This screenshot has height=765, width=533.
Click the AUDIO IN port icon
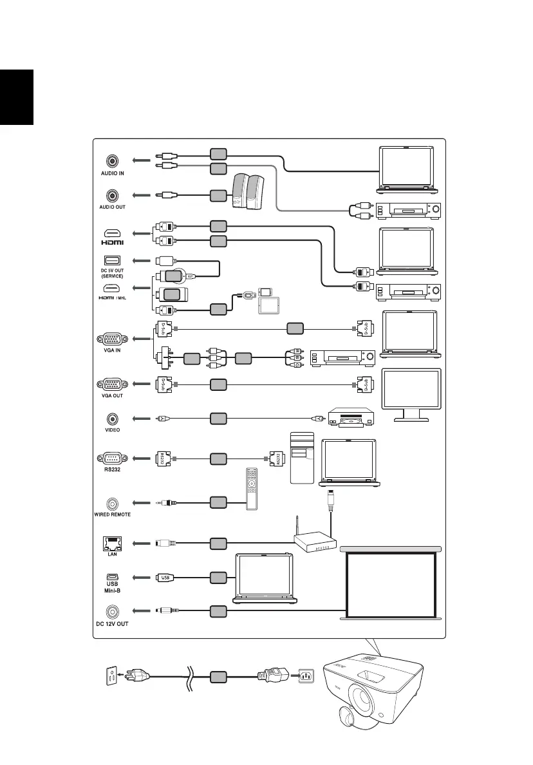113,160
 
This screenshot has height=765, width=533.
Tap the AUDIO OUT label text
113,207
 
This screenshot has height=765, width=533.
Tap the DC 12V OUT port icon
113,611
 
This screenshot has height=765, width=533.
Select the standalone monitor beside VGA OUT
411,394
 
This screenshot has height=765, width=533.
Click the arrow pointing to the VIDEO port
141,419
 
